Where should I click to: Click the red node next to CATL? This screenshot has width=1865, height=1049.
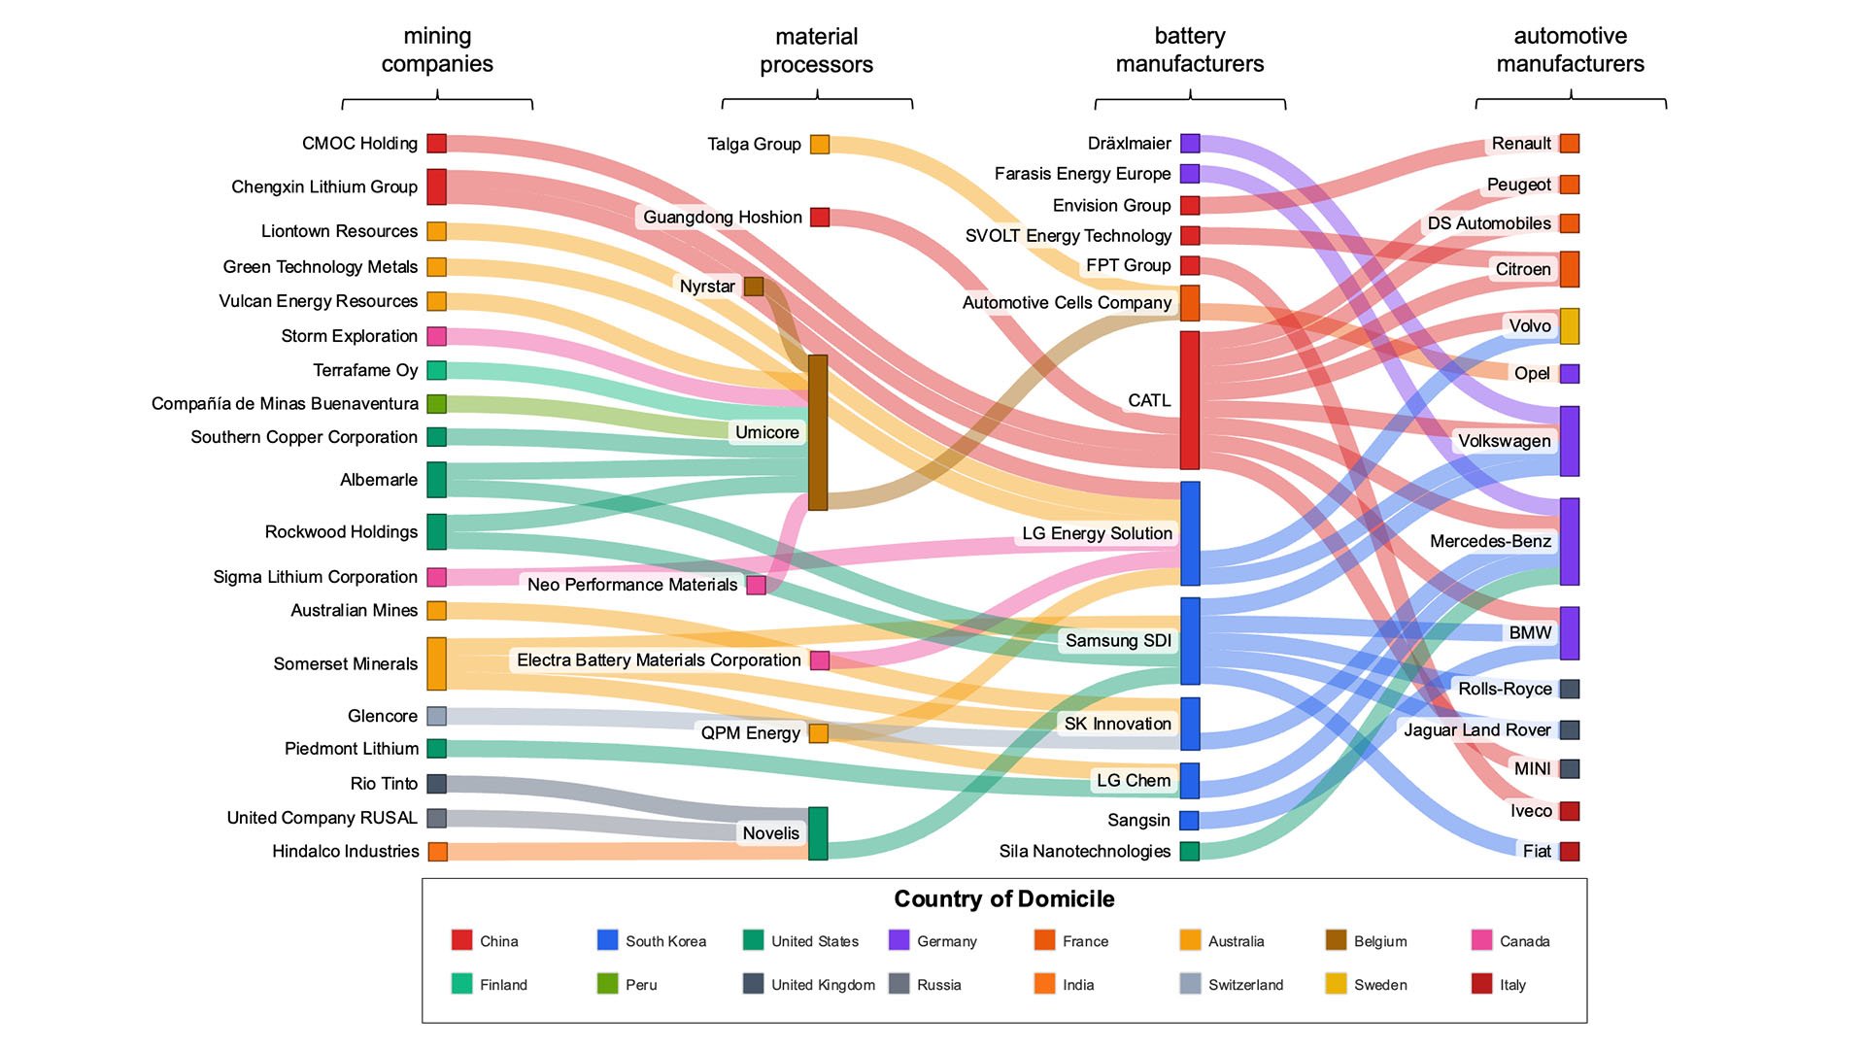tap(1190, 400)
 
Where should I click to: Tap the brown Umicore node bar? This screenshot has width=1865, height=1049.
tap(818, 432)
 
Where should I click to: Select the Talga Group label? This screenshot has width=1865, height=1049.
tap(754, 145)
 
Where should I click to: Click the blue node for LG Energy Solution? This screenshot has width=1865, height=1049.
tap(1190, 533)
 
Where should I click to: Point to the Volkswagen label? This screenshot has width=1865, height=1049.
tap(1504, 441)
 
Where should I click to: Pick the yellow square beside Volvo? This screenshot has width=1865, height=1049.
tap(1570, 326)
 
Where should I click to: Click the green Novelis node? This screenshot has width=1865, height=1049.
tap(818, 833)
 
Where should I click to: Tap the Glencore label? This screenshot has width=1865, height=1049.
tap(383, 716)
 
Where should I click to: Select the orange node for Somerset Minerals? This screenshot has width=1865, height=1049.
tap(437, 663)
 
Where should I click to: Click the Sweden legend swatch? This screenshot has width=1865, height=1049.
tap(1336, 984)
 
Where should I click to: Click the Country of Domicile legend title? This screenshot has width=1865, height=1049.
tap(1003, 898)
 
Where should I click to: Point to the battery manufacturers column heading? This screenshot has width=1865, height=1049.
tap(1190, 51)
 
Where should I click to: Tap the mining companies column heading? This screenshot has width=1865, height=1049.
tap(437, 51)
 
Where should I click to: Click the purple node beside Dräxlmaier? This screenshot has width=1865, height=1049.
tap(1190, 144)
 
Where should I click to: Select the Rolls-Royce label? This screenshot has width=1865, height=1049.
tap(1505, 689)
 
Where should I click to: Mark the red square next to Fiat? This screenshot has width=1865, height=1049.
tap(1570, 851)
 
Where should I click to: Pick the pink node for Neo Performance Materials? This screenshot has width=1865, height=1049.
tap(756, 585)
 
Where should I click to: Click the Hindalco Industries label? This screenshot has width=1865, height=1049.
tap(346, 852)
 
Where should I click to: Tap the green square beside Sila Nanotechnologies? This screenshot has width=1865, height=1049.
tap(1190, 851)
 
